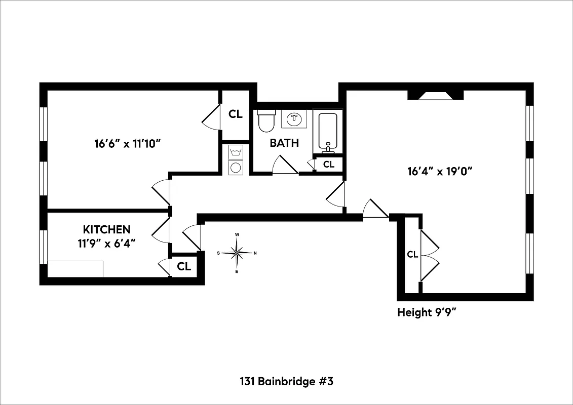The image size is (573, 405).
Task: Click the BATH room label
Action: (x=284, y=143)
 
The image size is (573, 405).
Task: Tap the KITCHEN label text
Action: (x=107, y=229)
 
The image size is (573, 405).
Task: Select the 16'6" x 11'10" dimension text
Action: (x=127, y=143)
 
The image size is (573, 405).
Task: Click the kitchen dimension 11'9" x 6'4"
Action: (x=106, y=242)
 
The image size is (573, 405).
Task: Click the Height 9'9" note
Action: (x=427, y=312)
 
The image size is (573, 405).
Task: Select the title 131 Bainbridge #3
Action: (x=286, y=381)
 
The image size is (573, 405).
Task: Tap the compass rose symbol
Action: (x=237, y=253)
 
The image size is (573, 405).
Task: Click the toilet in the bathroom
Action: (x=266, y=121)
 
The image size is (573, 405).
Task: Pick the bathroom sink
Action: (x=294, y=119)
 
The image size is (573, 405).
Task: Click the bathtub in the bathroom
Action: (x=328, y=131)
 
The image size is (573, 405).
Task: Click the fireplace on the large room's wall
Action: (x=435, y=95)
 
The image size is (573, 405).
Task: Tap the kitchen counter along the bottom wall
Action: (x=75, y=269)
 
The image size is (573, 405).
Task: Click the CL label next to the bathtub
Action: (x=329, y=164)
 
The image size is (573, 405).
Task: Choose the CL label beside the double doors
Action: (x=412, y=255)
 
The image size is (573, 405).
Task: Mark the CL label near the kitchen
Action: (x=184, y=266)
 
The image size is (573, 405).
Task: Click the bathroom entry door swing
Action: (x=285, y=165)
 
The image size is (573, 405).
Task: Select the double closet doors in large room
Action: (x=429, y=255)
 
